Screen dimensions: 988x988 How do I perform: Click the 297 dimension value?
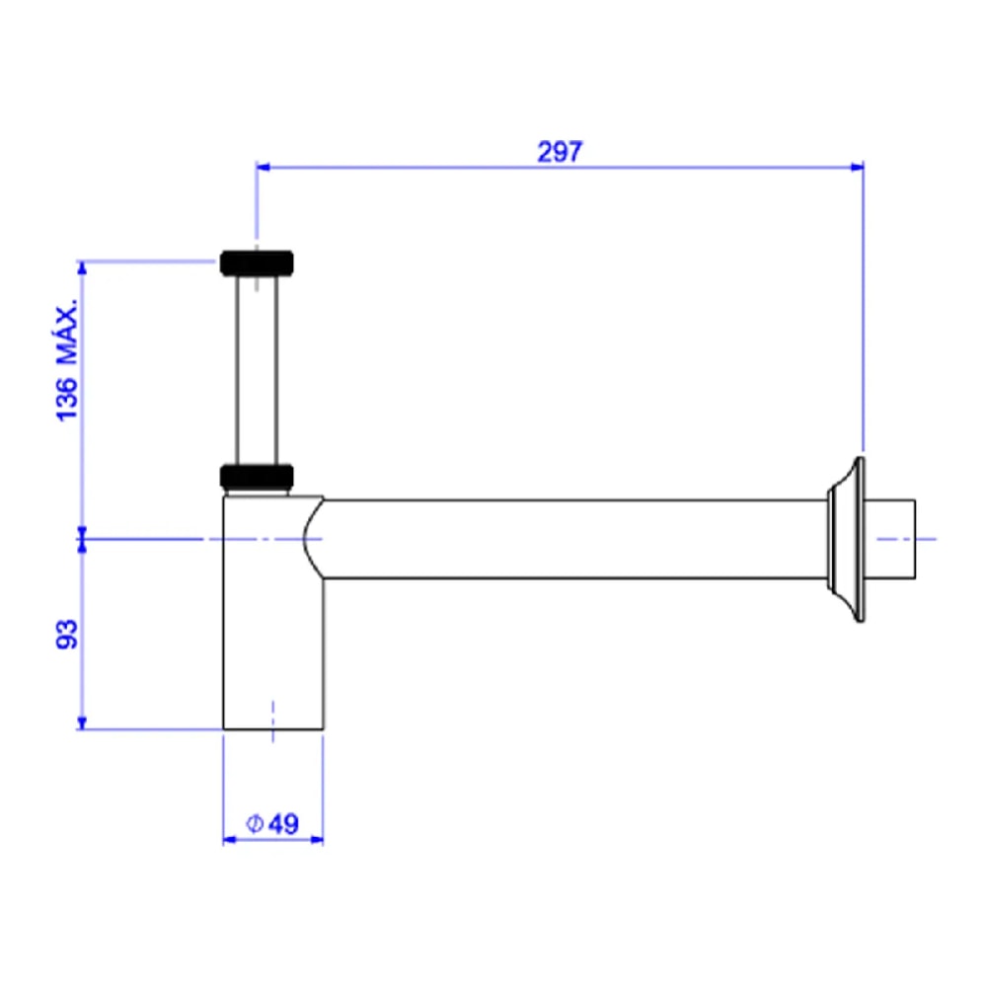click(560, 152)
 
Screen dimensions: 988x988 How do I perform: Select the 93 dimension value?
click(67, 634)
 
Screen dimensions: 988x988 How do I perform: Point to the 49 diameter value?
click(283, 824)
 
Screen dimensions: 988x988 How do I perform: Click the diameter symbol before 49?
click(254, 823)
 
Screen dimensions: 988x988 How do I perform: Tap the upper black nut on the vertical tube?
click(257, 264)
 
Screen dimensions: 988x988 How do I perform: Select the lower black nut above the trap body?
click(257, 477)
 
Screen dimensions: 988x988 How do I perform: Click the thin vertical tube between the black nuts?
click(257, 370)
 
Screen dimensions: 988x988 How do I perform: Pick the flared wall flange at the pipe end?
click(847, 539)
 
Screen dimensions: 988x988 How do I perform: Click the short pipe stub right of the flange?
click(889, 539)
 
